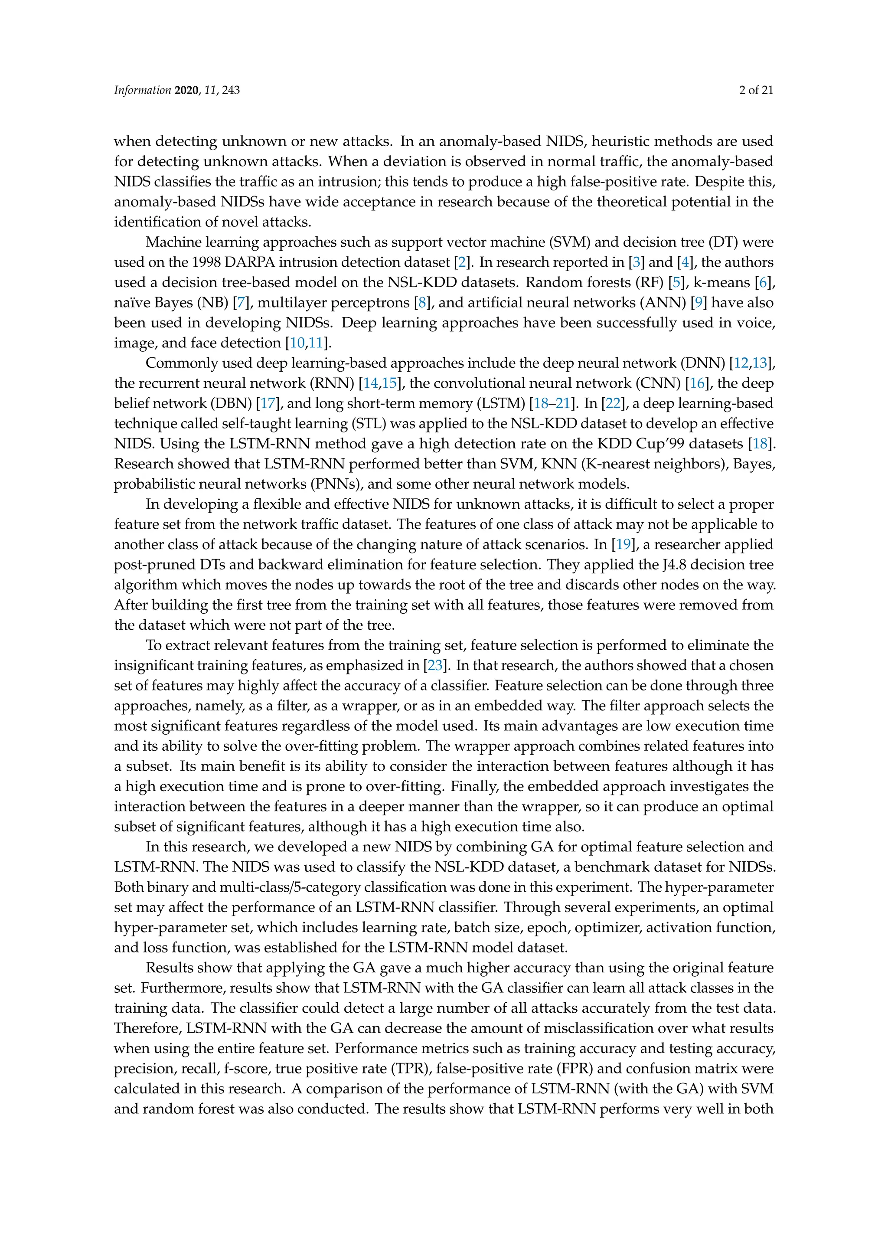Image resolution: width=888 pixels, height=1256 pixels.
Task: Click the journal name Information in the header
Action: (x=142, y=90)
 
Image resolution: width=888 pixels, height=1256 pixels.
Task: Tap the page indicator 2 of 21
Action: (x=756, y=90)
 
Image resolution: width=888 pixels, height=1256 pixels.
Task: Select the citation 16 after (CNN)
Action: (x=697, y=383)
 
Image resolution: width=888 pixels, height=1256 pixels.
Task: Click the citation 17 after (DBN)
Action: (x=268, y=403)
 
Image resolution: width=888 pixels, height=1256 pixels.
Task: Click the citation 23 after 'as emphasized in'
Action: (x=435, y=665)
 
